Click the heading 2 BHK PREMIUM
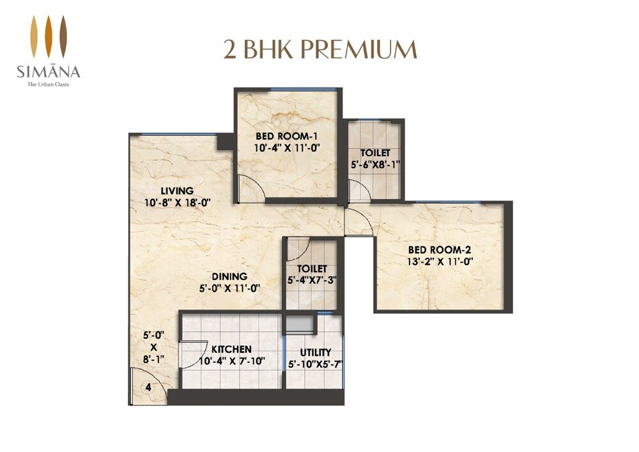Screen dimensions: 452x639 click(319, 49)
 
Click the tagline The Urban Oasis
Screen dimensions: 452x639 click(49, 84)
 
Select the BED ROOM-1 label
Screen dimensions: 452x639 click(287, 136)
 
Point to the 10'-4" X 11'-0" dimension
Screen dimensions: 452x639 click(287, 148)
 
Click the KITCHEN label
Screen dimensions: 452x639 click(231, 350)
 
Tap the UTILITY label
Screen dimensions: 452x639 click(315, 352)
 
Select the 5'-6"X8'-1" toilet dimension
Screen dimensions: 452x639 click(375, 165)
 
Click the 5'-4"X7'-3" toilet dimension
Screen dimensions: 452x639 click(312, 280)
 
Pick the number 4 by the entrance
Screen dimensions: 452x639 click(148, 387)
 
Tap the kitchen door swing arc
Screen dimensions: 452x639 click(192, 354)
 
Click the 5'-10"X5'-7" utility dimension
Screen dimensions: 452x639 click(315, 364)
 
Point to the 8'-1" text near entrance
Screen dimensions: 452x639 click(153, 359)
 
